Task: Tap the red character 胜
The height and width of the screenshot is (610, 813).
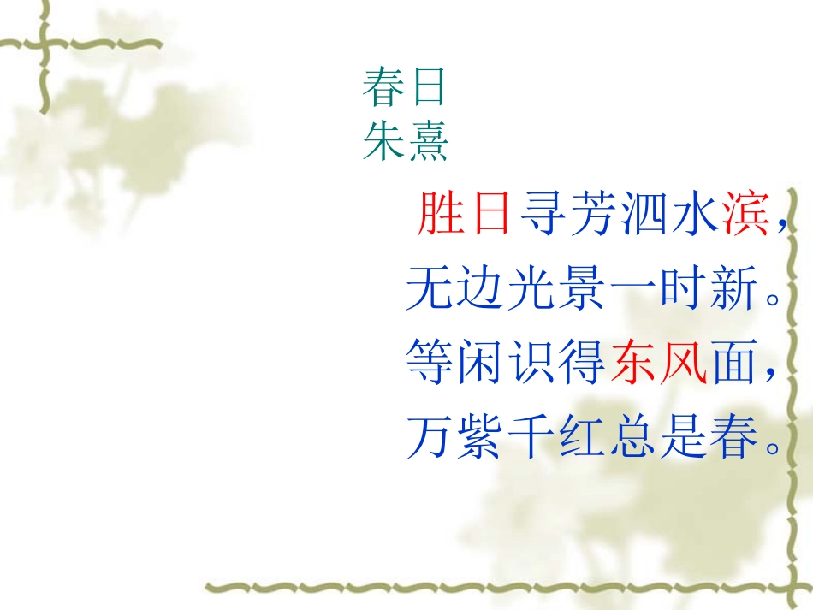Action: coord(439,214)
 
